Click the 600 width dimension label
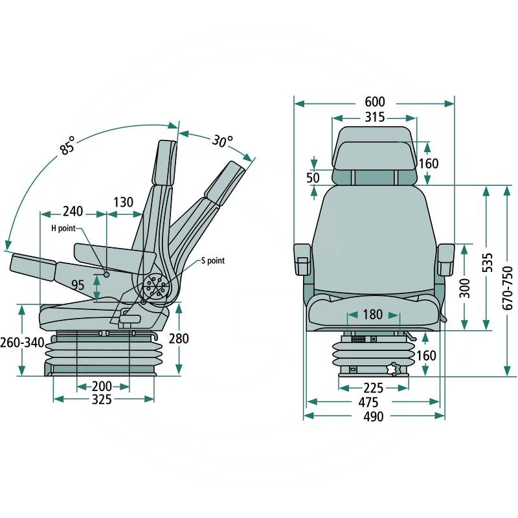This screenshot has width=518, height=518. [374, 102]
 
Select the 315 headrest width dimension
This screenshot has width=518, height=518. [374, 118]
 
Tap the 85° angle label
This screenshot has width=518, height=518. [68, 146]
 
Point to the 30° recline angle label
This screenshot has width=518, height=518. [221, 140]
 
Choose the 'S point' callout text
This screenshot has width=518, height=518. [212, 260]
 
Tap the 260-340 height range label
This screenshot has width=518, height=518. [23, 341]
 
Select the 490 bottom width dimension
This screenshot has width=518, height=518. [374, 416]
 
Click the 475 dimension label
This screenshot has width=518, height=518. [374, 402]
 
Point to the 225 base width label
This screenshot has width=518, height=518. [373, 388]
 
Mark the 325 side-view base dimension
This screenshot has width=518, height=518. [102, 400]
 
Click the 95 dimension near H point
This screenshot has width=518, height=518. [78, 285]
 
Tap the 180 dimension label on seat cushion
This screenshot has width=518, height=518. [373, 315]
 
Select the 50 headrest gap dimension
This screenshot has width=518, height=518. [313, 177]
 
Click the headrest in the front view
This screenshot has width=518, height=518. [374, 155]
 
